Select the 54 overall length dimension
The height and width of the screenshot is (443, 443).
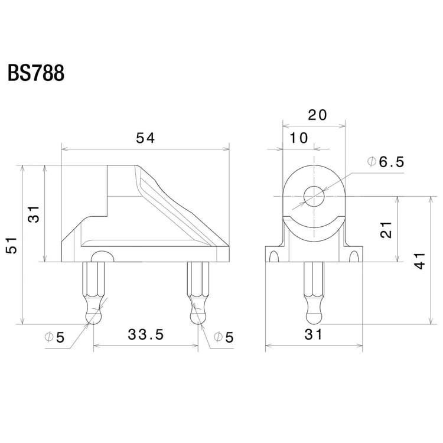[x=145, y=138]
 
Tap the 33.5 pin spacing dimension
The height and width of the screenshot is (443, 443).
[x=145, y=335]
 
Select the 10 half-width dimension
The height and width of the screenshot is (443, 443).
[x=299, y=138]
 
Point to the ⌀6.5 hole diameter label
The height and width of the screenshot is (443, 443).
[x=386, y=162]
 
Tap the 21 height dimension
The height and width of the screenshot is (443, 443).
[x=387, y=229]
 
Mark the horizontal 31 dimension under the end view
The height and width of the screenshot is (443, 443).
[x=314, y=335]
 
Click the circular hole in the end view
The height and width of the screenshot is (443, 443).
[x=314, y=196]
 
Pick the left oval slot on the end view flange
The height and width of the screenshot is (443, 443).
[x=273, y=256]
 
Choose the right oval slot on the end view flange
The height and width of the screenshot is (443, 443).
[x=354, y=256]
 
